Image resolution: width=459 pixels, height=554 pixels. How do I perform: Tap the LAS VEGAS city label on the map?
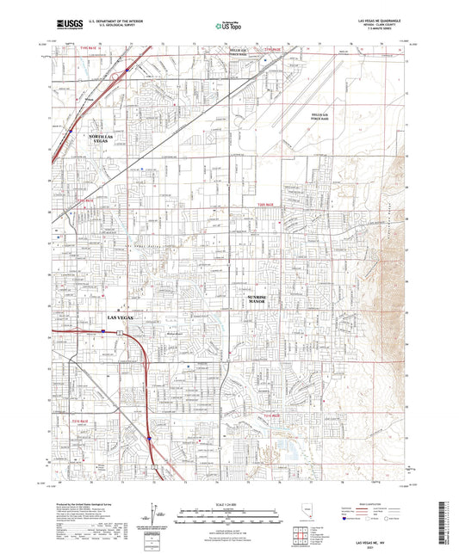pyautogui.click(x=121, y=319)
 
